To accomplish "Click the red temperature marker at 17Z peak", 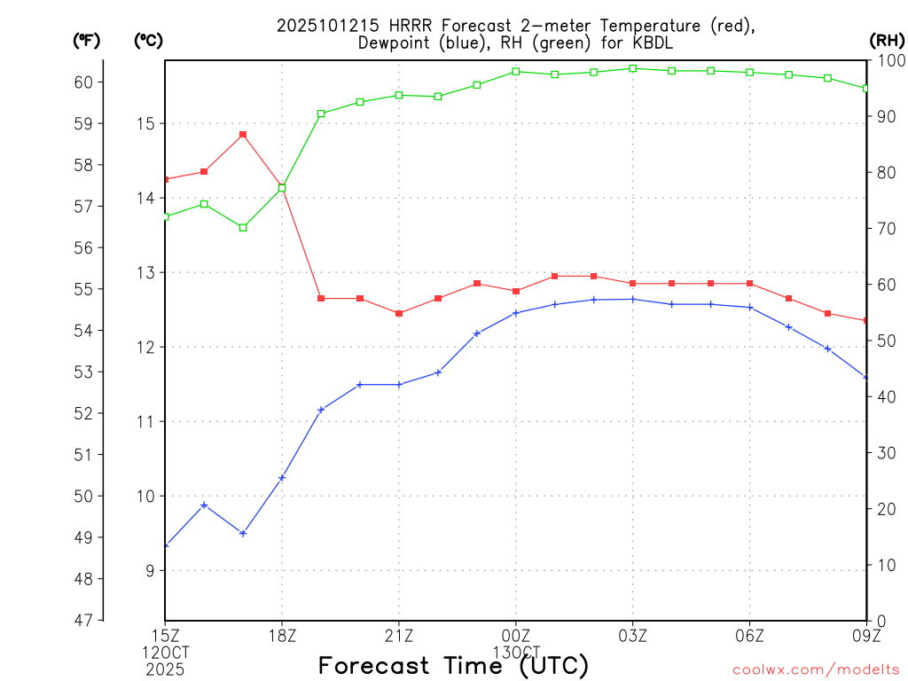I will [x=243, y=135].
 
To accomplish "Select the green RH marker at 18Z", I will [x=282, y=187].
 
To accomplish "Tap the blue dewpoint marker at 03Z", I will [x=633, y=299].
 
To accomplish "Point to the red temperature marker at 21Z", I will [x=399, y=313].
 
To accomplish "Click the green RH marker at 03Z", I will [x=633, y=68].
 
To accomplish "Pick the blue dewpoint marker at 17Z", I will [x=243, y=533].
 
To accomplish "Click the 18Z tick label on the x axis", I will [x=282, y=635].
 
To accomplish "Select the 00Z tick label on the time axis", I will [x=516, y=635].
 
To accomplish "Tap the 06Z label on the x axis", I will [x=750, y=635].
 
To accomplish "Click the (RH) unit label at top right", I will [x=887, y=40].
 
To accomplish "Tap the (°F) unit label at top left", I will [x=86, y=40].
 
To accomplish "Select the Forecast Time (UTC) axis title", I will [x=453, y=665].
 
